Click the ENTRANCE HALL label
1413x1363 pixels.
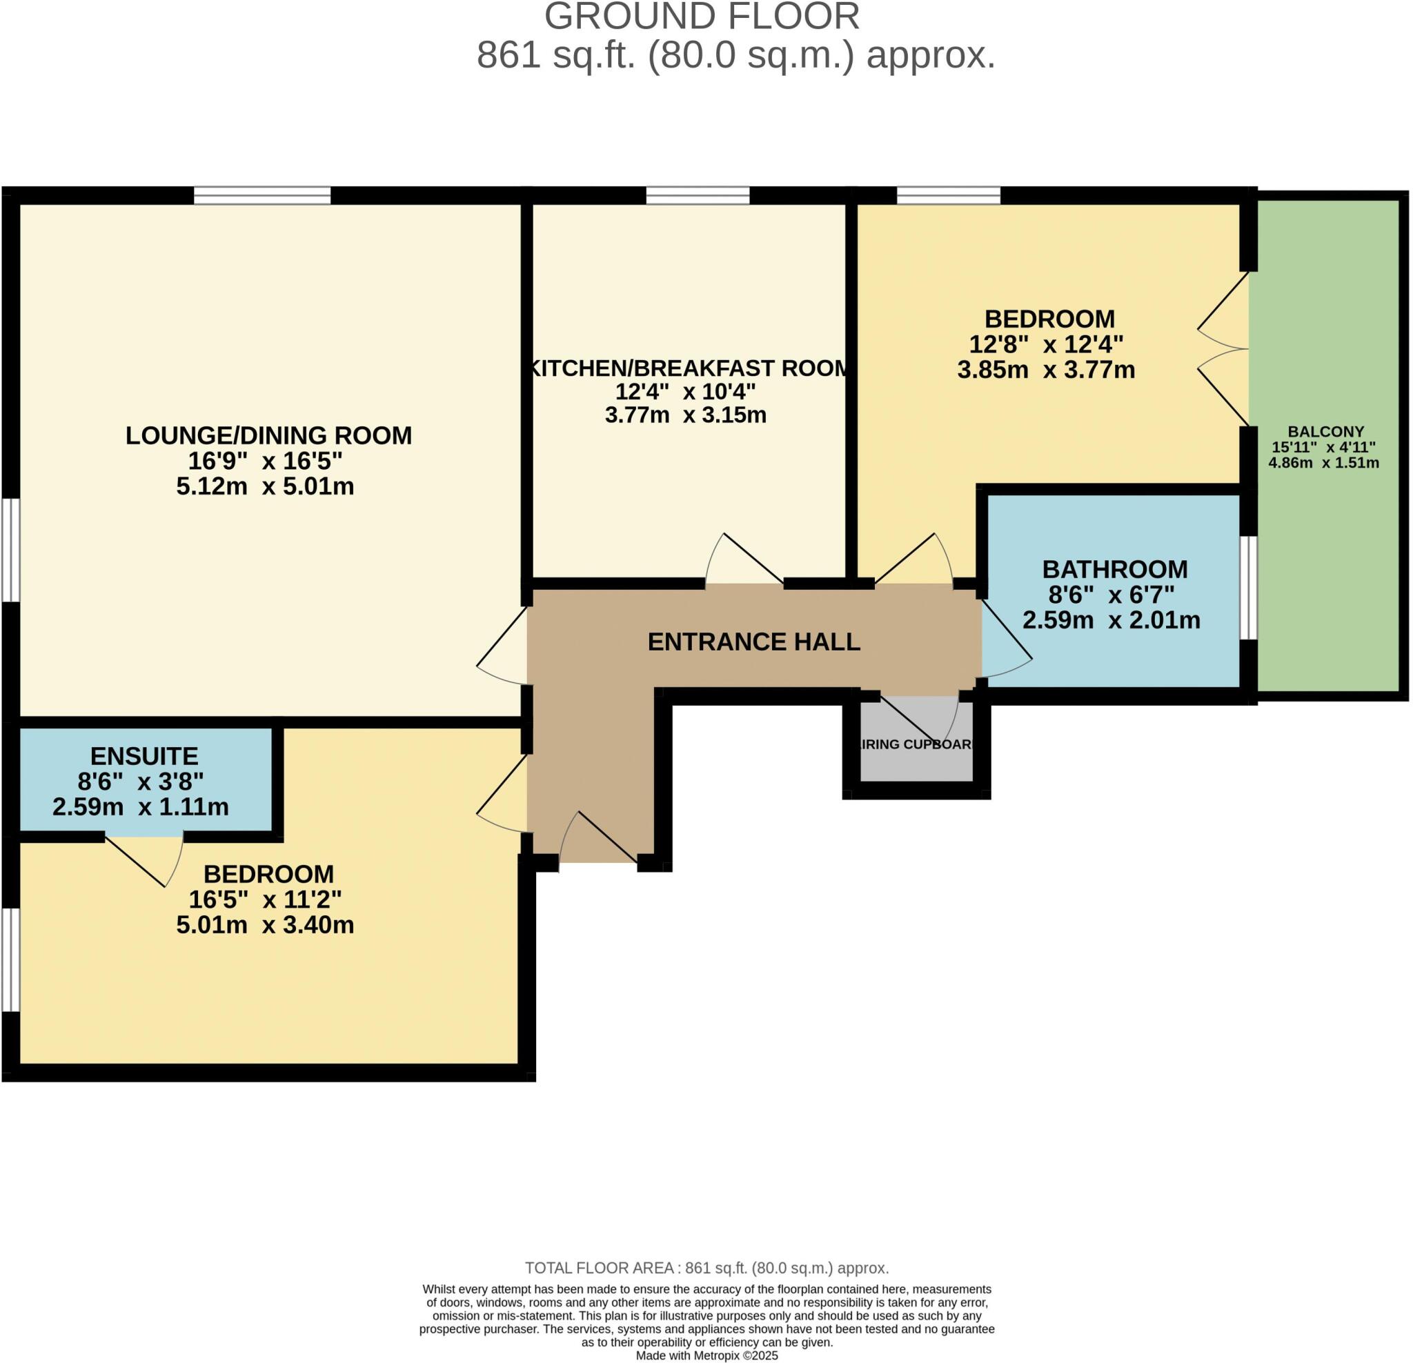(753, 641)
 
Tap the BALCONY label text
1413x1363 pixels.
(1326, 432)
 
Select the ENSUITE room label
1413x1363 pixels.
(144, 756)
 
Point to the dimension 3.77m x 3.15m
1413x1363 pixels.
(685, 415)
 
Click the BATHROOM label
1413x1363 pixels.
(1114, 570)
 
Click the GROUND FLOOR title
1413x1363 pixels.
(702, 17)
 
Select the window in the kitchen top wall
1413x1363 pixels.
(697, 195)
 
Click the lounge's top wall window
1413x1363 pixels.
(261, 195)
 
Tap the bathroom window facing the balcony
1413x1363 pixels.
(1252, 588)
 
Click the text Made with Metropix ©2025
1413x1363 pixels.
(706, 1355)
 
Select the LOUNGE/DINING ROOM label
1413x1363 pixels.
(268, 435)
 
